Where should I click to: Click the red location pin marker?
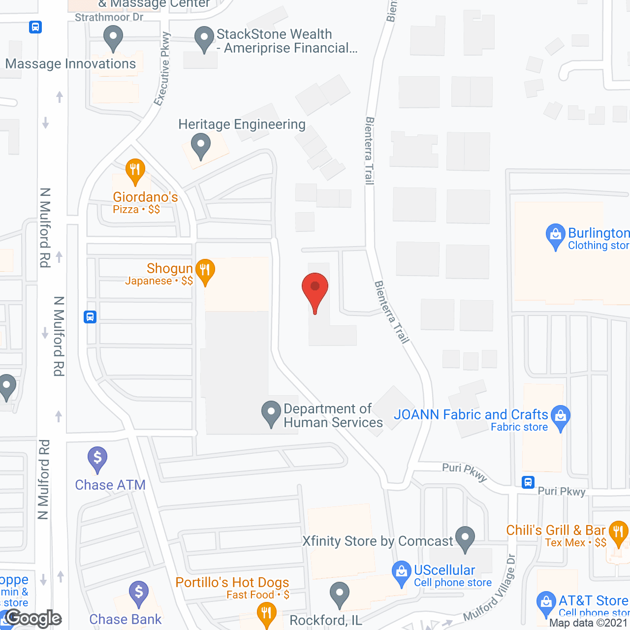(315, 290)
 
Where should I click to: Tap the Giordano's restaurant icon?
(135, 170)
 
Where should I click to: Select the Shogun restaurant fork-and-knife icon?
(205, 271)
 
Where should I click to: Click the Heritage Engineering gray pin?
(201, 145)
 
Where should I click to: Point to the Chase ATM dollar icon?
(97, 459)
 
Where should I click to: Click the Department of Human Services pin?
(271, 413)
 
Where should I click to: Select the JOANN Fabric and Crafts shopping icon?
(561, 417)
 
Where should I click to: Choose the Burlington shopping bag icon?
(556, 236)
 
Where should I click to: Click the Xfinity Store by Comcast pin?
(465, 538)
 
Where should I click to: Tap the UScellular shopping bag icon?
(402, 573)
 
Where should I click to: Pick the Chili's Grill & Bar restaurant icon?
(618, 533)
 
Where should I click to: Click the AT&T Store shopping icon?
(546, 603)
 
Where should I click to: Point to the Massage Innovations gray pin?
(113, 37)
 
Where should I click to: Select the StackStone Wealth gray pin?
(204, 38)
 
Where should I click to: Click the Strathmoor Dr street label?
(109, 17)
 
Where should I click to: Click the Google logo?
(33, 618)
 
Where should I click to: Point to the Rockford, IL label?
(326, 620)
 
